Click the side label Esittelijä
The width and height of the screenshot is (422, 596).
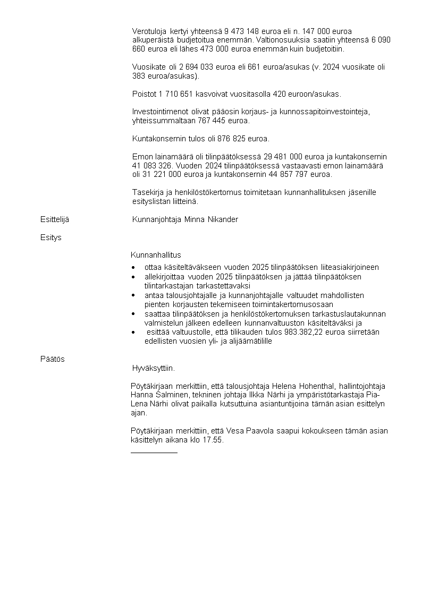tap(54, 219)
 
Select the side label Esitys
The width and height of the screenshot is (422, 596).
tap(50, 237)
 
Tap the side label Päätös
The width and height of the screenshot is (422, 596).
tap(52, 359)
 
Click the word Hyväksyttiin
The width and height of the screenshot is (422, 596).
tap(153, 368)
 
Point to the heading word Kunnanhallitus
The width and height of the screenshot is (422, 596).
tap(156, 255)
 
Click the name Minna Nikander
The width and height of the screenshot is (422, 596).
tap(211, 219)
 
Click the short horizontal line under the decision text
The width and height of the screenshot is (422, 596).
tap(154, 453)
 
